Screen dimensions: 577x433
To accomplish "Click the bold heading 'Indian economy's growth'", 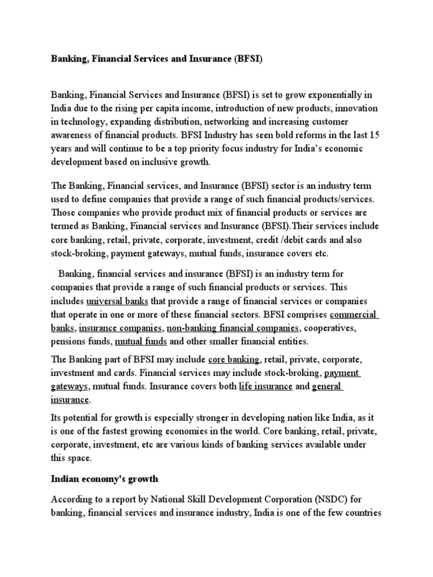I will point(105,480).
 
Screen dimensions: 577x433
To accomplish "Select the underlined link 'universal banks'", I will point(117,301).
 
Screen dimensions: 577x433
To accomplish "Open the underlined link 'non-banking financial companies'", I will point(233,328).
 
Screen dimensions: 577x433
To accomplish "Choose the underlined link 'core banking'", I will point(234,359).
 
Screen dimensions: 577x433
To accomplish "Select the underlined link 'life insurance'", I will point(266,387).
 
